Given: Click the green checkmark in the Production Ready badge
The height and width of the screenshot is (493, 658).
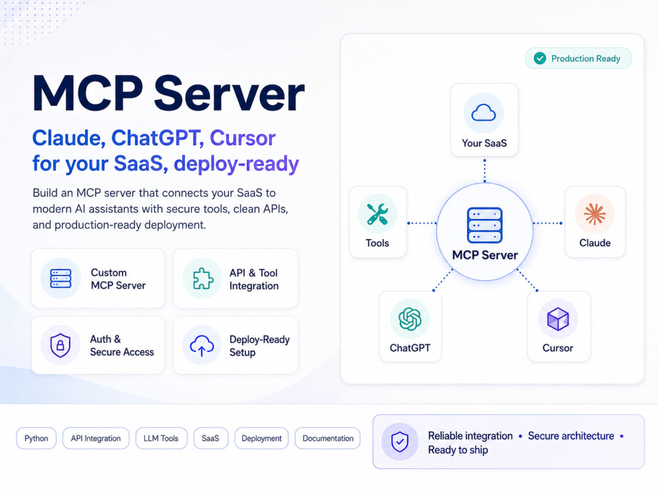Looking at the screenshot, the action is [x=540, y=59].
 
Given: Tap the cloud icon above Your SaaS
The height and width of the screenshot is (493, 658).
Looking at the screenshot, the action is [x=484, y=112].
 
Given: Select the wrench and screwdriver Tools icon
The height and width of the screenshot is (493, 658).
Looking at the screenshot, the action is [x=377, y=214].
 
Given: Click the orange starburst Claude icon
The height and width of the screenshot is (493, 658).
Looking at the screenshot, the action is [x=595, y=214].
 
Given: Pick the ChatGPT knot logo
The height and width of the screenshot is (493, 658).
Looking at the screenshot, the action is [x=409, y=319].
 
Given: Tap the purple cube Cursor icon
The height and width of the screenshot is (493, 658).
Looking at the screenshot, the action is [x=558, y=319].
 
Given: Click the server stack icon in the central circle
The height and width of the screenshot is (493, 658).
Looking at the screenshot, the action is [x=485, y=225].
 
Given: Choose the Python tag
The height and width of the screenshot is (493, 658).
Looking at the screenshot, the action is [x=36, y=438].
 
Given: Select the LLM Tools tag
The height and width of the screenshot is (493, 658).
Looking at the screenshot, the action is [x=161, y=438].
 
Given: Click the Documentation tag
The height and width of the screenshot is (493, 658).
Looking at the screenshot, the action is [x=328, y=438].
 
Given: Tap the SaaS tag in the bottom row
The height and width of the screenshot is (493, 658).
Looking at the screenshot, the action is [x=211, y=438].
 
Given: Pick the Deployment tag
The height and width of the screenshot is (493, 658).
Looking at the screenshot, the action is [x=261, y=438].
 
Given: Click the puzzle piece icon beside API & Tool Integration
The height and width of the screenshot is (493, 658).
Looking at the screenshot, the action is [x=203, y=278].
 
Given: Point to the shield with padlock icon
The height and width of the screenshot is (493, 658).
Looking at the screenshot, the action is [x=60, y=346].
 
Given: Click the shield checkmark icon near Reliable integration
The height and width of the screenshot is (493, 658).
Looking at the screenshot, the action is [x=399, y=442].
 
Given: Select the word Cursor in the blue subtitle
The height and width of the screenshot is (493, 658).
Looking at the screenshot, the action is [x=243, y=138].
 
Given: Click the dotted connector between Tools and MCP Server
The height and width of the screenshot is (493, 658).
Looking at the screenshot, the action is [x=422, y=223].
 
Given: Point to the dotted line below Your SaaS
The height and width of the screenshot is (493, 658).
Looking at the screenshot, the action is [x=485, y=171].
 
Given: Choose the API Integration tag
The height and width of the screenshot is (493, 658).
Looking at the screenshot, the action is [x=95, y=438].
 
